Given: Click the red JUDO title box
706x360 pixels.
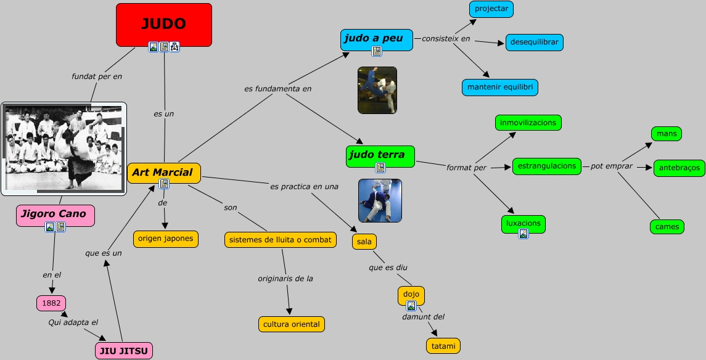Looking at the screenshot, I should point(163,24).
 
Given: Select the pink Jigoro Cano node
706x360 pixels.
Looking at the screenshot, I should point(55,215).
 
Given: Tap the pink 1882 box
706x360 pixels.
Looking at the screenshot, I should point(51,303).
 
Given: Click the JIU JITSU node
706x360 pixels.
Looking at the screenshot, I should point(123,351).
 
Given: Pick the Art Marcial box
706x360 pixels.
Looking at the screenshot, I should point(163,173).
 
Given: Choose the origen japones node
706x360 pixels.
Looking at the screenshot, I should point(165,239).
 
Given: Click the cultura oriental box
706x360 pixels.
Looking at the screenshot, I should point(291,324).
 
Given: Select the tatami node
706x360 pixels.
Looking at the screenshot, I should point(443,346).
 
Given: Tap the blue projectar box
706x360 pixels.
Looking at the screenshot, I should point(491,9).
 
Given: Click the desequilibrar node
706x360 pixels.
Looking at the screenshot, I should point(535,43).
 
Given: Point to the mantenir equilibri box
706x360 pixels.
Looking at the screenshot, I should point(499,87).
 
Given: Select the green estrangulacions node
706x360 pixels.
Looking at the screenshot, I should point(546,166).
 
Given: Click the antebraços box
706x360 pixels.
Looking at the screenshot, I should point(679,168).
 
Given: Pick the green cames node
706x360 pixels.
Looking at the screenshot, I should point(667,227).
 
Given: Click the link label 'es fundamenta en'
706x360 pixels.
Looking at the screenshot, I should point(277,89).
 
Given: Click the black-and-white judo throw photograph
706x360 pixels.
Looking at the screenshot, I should point(64,149).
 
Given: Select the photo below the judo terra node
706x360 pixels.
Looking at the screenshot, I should point(380,200).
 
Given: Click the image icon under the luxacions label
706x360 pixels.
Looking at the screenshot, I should point(523,234).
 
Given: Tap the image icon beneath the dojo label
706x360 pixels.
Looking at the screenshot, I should point(411,306).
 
